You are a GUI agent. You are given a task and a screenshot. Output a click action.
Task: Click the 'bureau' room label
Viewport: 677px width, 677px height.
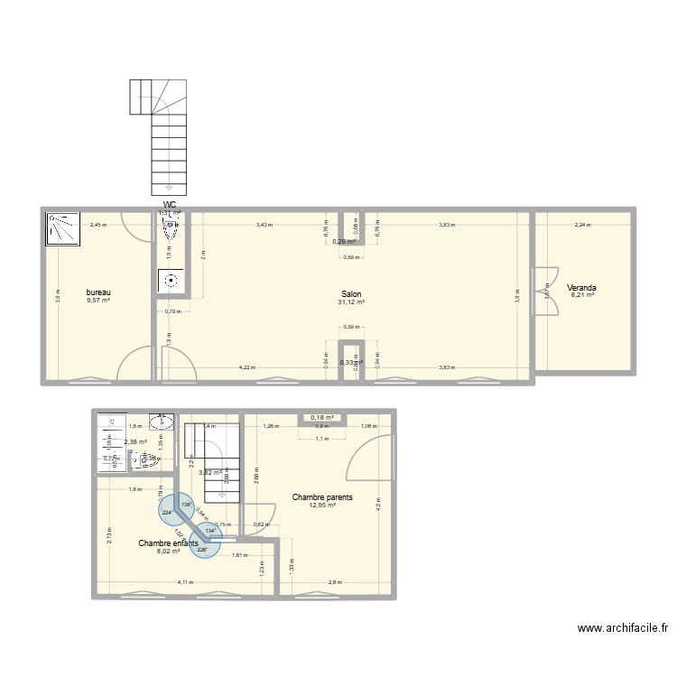point(98,292)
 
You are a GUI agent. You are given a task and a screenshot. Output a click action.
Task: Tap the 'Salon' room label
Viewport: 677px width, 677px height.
point(351,294)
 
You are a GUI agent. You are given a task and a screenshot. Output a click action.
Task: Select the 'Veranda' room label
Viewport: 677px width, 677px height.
point(581,288)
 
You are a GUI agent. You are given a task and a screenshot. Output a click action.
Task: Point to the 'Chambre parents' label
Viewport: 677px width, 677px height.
point(322,497)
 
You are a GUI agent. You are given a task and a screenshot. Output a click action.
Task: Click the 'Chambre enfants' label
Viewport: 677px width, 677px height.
point(169,543)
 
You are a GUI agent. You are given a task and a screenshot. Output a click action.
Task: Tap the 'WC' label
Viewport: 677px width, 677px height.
point(170,205)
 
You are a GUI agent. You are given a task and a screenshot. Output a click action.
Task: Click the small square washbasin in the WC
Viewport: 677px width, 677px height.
point(170,280)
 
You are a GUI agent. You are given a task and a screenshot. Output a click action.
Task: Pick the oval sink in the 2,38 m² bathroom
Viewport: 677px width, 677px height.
point(164,422)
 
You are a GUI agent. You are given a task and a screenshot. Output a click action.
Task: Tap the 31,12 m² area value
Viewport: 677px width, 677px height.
point(351,302)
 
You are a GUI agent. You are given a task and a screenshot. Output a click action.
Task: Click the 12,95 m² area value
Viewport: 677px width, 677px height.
point(322,505)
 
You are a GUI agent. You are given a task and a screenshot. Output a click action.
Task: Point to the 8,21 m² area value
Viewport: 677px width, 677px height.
point(581,296)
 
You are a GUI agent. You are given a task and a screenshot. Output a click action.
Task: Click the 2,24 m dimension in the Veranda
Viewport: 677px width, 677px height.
point(581,225)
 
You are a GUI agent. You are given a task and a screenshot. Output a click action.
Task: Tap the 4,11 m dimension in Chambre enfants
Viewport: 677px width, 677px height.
point(185,583)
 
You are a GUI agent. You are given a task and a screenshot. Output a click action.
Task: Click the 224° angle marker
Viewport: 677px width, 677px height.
point(168,513)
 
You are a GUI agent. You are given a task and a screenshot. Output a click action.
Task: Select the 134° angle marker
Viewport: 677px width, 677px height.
point(210,531)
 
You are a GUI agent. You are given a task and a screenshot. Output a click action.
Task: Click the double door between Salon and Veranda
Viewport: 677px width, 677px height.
point(543,291)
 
